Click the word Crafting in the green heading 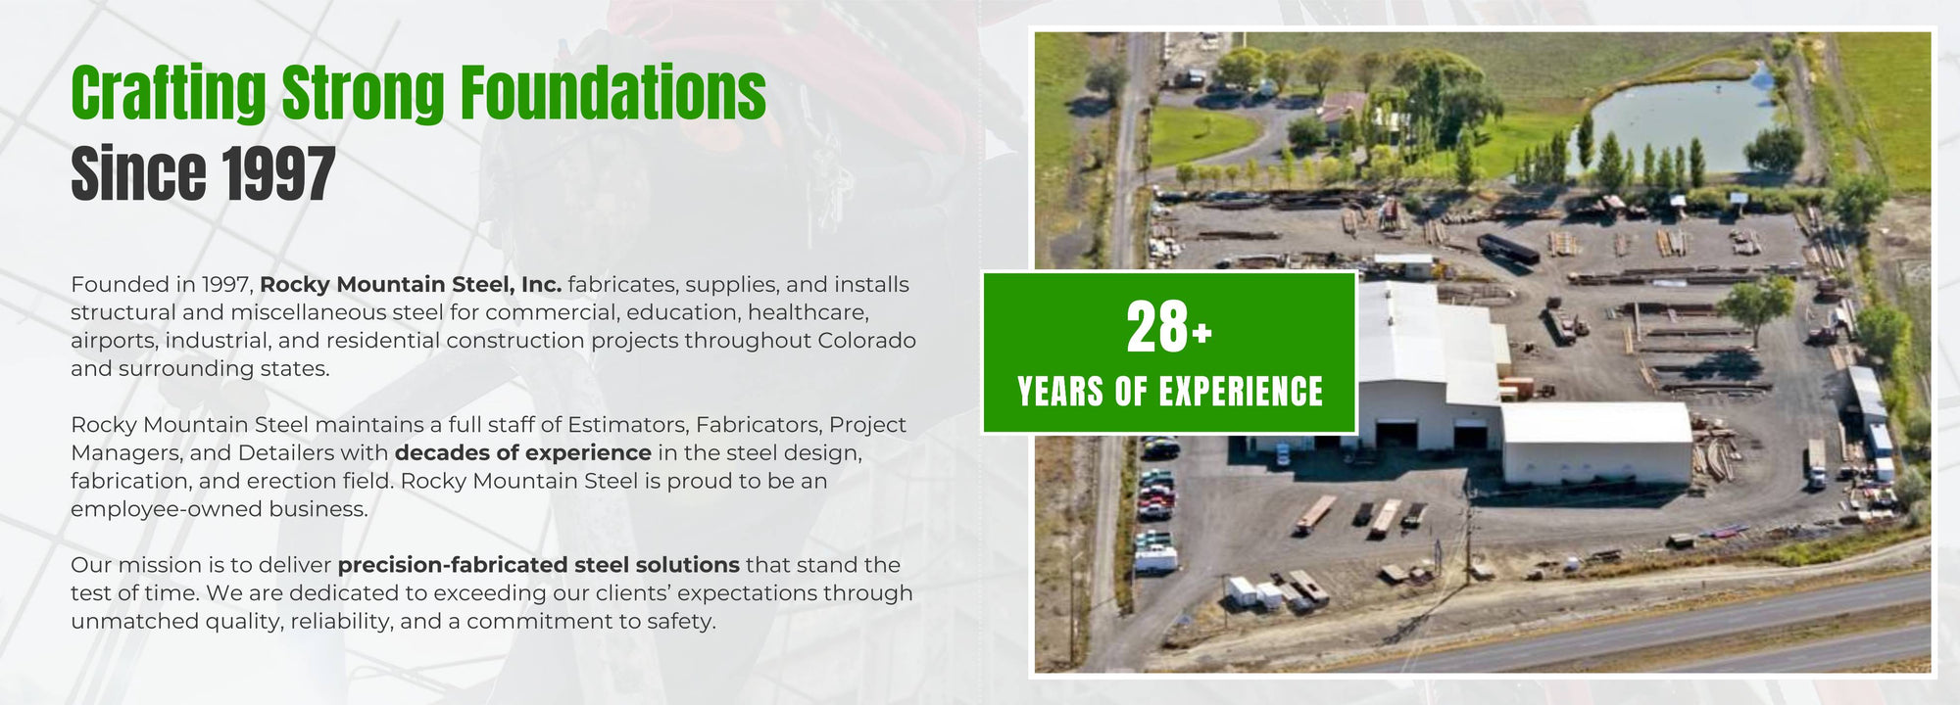168,93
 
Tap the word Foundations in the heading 613,93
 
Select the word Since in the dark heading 138,174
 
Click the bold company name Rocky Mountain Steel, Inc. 410,285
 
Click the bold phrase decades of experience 522,453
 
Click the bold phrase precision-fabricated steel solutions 538,565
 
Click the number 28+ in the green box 1168,328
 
